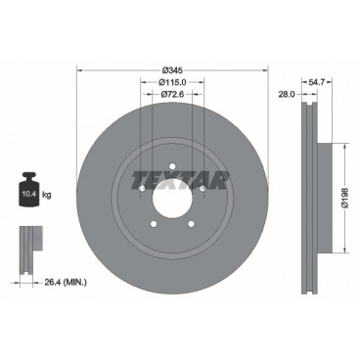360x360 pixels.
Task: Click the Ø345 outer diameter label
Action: pos(172,71)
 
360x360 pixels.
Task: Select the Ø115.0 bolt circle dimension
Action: pos(172,84)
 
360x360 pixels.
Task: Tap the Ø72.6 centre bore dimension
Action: pos(172,97)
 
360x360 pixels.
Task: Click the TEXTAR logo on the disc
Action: pos(172,178)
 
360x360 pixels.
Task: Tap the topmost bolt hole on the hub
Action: pos(172,167)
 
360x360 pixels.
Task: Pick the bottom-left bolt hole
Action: pos(153,226)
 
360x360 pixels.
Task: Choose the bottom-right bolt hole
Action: pos(192,226)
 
